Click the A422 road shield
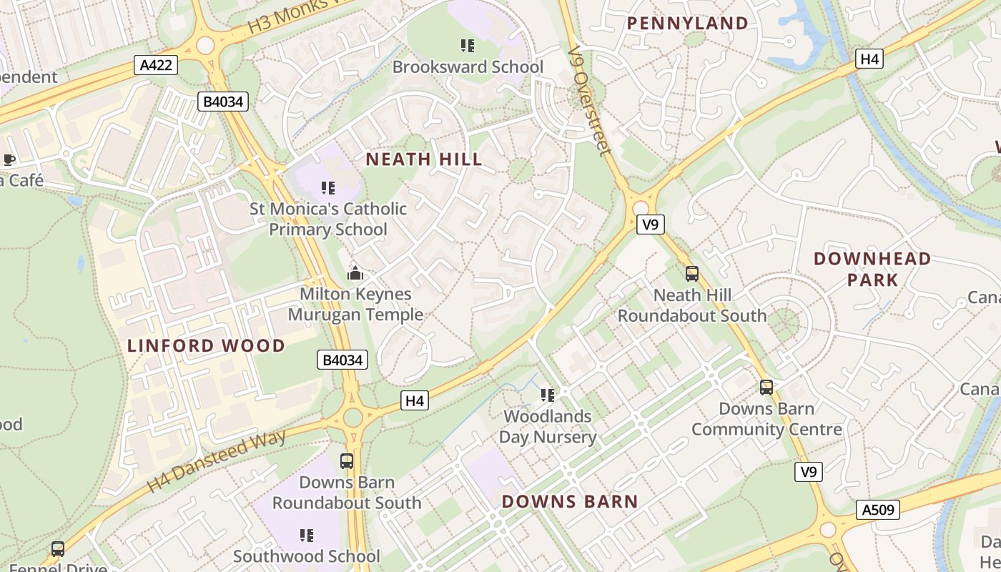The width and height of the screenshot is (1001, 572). click(x=155, y=66)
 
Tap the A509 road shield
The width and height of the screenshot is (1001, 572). click(x=877, y=510)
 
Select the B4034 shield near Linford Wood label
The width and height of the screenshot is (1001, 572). click(x=342, y=360)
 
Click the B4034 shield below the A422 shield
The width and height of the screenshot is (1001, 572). click(x=223, y=102)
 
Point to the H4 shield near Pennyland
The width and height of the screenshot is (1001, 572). click(x=869, y=59)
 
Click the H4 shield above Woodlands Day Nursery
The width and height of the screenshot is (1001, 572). click(x=415, y=400)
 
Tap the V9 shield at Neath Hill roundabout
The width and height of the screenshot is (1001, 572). click(x=650, y=225)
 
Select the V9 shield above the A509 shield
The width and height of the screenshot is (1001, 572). click(x=808, y=472)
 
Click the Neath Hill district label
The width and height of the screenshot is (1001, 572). click(x=424, y=159)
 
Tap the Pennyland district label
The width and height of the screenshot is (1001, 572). click(x=687, y=24)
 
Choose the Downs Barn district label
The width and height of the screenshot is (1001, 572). click(x=569, y=501)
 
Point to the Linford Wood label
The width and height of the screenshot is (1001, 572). click(x=206, y=346)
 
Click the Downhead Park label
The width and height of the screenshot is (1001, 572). click(x=872, y=269)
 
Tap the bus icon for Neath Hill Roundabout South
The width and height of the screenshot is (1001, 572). click(x=691, y=273)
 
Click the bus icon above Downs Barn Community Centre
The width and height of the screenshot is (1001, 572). click(x=766, y=388)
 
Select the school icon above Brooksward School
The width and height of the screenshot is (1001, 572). click(x=468, y=46)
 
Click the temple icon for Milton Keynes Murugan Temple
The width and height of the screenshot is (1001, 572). click(x=355, y=273)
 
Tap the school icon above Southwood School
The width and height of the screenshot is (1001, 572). click(x=307, y=535)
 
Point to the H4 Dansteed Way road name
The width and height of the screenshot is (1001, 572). click(x=216, y=461)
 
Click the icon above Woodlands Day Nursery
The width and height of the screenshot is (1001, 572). click(x=548, y=395)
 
